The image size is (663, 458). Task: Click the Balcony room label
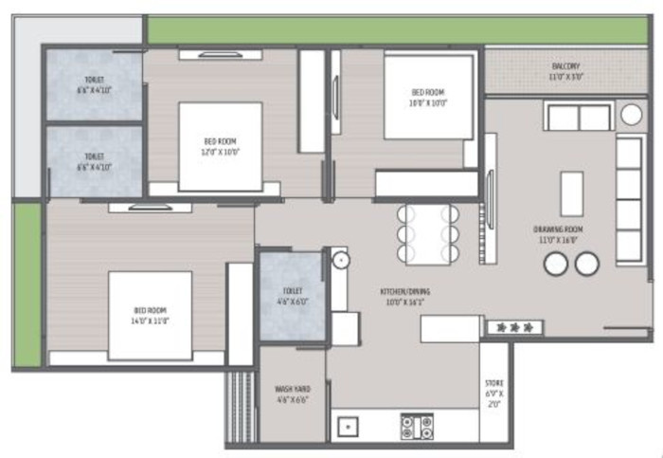pyautogui.click(x=565, y=66)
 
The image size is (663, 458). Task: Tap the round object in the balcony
pyautogui.click(x=631, y=115)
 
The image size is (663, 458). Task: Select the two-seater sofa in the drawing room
pyautogui.click(x=578, y=118)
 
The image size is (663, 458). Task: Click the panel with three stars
pyautogui.click(x=514, y=327)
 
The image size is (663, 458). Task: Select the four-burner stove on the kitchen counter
pyautogui.click(x=417, y=426)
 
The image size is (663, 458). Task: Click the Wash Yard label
pyautogui.click(x=292, y=389)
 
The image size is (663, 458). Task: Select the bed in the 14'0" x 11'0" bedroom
pyautogui.click(x=149, y=316)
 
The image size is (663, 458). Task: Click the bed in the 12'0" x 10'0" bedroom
pyautogui.click(x=220, y=146)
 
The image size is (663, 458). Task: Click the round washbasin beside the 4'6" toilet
pyautogui.click(x=339, y=259)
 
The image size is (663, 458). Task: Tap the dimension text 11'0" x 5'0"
pyautogui.click(x=565, y=77)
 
